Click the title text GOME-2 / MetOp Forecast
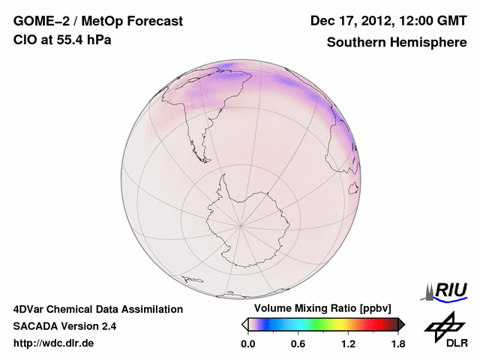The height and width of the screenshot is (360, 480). (x=97, y=22)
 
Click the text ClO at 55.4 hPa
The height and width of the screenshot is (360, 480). (x=62, y=40)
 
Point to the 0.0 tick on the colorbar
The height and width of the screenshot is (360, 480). (x=248, y=343)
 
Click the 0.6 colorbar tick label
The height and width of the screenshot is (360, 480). (x=298, y=343)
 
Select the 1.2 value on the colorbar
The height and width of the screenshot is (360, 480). (x=348, y=343)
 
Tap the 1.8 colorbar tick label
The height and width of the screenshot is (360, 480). (x=397, y=343)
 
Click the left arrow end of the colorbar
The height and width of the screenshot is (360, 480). (x=245, y=324)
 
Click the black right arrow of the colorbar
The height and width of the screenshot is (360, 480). (x=401, y=324)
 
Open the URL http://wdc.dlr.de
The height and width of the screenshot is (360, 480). (x=54, y=343)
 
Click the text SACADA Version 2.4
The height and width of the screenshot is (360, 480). (x=64, y=326)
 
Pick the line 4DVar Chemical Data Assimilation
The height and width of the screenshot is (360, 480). (x=97, y=309)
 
